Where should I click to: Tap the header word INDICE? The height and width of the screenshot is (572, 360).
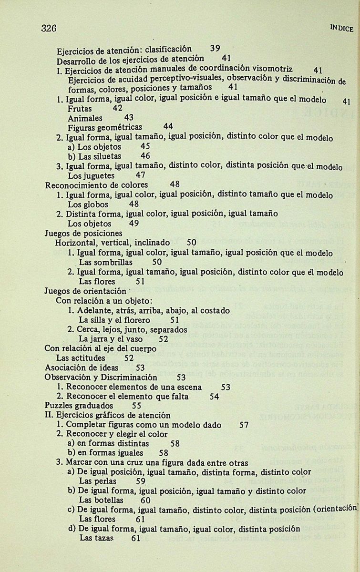[341, 29]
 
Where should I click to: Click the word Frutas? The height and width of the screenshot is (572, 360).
[80, 109]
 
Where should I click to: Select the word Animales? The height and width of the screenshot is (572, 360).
[85, 118]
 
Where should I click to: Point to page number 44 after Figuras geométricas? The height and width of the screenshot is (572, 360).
[168, 127]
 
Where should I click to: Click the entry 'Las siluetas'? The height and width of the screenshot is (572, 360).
[94, 156]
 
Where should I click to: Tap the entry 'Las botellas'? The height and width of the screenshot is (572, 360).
[101, 500]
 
